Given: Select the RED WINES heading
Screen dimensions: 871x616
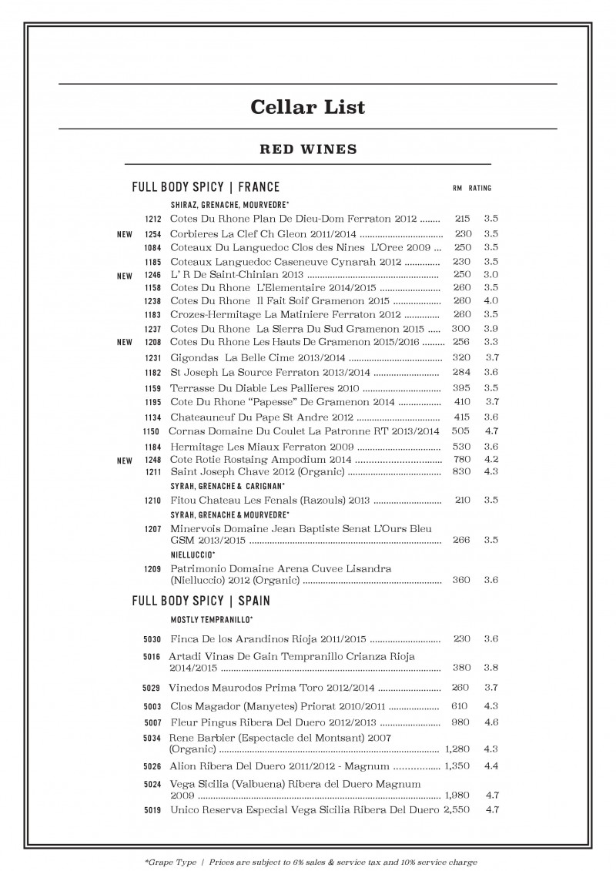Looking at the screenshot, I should click(307, 149).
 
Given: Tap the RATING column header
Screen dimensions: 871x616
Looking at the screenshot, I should click(480, 188).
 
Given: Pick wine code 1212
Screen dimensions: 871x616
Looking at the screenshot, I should click(152, 219).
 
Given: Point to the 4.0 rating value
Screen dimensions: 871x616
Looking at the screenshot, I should click(491, 300).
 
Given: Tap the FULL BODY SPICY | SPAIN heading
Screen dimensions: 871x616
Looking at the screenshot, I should click(201, 600).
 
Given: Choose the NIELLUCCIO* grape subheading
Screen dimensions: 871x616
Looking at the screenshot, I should click(192, 554).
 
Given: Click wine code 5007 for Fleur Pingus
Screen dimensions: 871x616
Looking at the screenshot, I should click(152, 723).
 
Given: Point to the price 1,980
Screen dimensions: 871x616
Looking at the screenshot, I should click(456, 794).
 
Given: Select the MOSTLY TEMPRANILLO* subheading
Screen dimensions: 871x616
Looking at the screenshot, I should click(212, 619).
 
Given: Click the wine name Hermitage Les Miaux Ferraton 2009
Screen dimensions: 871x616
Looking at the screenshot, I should click(261, 447).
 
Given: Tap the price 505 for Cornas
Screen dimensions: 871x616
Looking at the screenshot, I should click(460, 431).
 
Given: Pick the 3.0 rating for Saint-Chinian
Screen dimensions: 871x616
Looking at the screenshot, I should click(491, 274).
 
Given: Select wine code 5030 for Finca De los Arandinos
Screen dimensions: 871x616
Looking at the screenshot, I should click(152, 639).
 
